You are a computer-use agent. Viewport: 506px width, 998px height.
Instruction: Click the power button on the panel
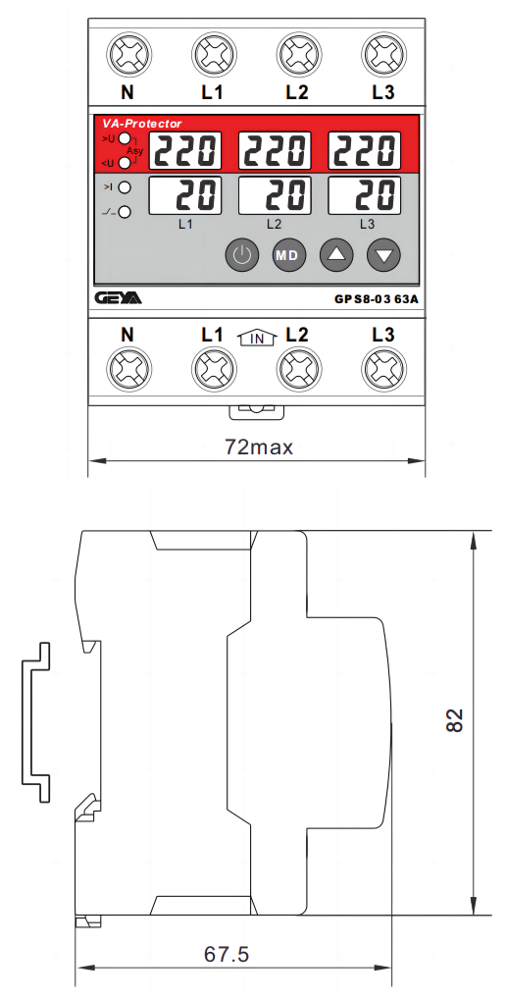(241, 256)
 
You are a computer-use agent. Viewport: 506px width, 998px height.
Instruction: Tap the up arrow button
(337, 256)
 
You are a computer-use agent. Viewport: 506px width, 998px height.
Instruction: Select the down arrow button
(384, 256)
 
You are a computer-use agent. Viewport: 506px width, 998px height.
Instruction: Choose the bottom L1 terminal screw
(214, 369)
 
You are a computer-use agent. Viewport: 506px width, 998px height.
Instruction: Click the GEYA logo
(119, 298)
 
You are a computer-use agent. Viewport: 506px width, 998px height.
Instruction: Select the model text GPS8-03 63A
(377, 299)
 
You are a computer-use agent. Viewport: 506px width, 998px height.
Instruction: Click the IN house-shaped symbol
(257, 338)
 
